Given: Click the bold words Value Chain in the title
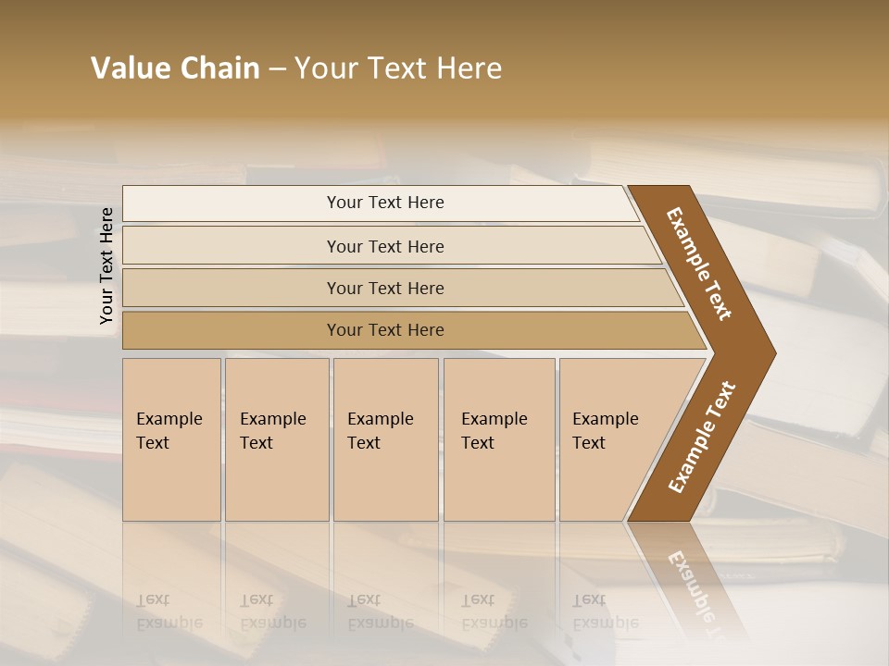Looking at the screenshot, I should coord(175,68).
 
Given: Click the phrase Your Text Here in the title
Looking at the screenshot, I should coord(398,68).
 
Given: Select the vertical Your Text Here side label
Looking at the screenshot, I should coord(106,265).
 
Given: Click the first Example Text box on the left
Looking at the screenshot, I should coord(171,439).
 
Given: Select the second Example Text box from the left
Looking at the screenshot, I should coord(276,439).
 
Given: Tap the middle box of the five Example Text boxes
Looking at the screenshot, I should coord(385,439).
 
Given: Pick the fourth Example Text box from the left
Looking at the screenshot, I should coord(498,439).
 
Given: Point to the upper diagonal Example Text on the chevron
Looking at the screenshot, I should coord(699,264).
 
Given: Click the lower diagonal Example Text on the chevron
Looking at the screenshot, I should coord(702,438).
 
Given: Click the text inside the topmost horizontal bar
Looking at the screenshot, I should coord(385,203).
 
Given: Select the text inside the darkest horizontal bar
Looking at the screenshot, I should coord(385,330).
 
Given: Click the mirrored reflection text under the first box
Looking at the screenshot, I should coord(169,611).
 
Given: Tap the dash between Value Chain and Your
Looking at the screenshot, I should coord(277,69).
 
